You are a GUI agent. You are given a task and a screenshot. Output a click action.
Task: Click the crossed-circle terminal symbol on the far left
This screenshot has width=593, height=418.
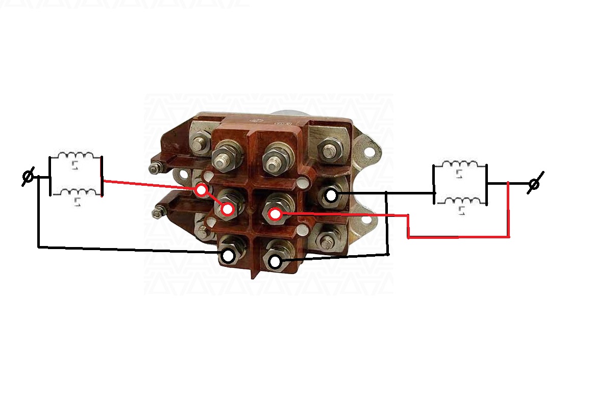[29, 177]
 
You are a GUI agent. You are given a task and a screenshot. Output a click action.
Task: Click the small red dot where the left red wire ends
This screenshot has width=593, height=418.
[202, 190]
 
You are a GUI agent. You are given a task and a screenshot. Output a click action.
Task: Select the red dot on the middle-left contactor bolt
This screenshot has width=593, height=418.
[228, 209]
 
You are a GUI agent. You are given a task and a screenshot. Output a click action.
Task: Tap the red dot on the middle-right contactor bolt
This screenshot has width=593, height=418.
[276, 214]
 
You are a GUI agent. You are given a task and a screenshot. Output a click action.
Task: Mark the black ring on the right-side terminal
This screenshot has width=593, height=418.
[331, 195]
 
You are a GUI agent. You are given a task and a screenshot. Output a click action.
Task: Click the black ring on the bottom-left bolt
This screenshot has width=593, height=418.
[229, 255]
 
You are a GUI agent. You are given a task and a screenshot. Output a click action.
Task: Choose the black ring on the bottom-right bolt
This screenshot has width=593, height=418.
[275, 262]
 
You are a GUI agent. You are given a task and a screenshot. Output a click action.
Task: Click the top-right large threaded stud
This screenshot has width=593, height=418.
[273, 160]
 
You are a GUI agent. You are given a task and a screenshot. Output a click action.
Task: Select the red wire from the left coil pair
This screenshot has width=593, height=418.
[148, 185]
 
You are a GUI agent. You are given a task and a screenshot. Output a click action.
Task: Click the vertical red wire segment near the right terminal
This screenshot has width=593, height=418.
[508, 209]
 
